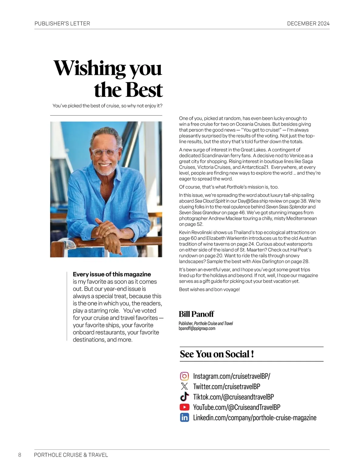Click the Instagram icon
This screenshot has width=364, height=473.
(184, 376)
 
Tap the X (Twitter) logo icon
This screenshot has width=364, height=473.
(184, 386)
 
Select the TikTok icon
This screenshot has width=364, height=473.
(184, 396)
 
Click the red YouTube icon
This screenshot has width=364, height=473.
(184, 407)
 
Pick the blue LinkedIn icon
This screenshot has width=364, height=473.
(184, 417)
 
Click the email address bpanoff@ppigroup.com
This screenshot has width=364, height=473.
(197, 328)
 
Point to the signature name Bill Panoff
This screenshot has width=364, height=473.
(196, 314)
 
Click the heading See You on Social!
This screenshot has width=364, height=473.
(217, 354)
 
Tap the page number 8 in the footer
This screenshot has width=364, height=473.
(20, 455)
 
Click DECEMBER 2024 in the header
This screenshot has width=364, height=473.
(308, 24)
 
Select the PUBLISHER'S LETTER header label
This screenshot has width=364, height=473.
(62, 24)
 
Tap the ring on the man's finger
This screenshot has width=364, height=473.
(108, 227)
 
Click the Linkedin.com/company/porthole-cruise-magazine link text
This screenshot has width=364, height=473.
(254, 418)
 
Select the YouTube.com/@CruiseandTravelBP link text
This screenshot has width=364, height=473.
(237, 407)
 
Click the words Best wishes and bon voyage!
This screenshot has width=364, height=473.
(209, 289)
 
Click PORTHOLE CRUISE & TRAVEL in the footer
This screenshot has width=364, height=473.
(71, 455)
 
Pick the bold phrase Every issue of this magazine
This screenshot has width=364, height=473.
(112, 274)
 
